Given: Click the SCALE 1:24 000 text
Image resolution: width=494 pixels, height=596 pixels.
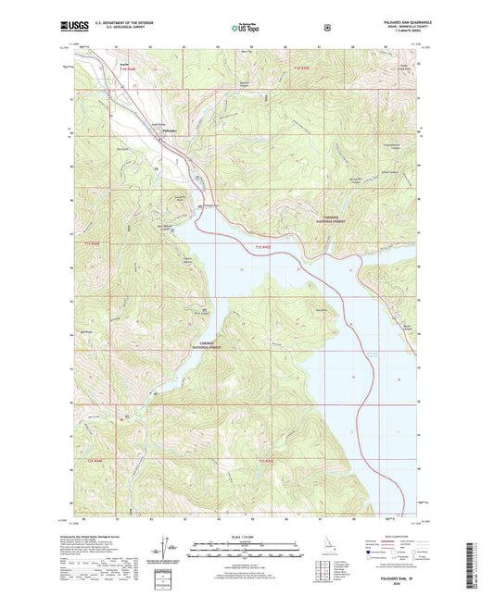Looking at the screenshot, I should [246, 540].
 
